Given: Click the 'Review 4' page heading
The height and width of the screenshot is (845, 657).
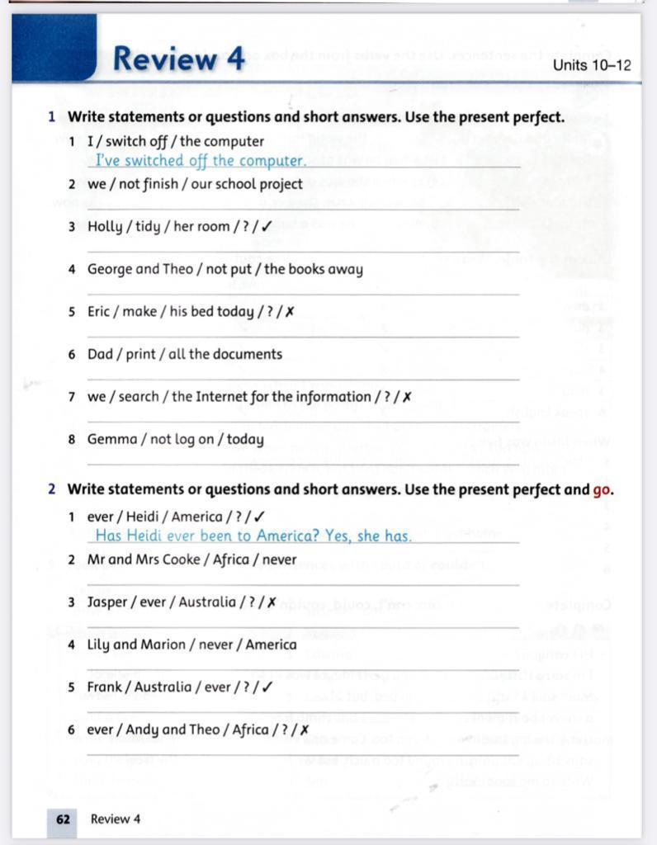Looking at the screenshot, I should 178,59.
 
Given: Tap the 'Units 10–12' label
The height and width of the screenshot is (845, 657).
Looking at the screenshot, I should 592,65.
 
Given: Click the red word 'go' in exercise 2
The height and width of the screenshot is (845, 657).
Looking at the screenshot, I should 603,489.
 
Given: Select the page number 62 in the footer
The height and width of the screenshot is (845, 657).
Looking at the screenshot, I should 63,819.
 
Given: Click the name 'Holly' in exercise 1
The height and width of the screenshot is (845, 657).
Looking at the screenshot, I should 104,227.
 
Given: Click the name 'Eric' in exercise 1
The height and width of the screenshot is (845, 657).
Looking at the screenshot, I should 101,312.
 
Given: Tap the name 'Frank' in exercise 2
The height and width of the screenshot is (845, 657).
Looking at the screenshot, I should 105,687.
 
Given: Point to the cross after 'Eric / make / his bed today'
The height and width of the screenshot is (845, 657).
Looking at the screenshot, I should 289,312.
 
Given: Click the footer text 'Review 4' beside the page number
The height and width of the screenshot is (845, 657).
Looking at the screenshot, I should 116,819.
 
